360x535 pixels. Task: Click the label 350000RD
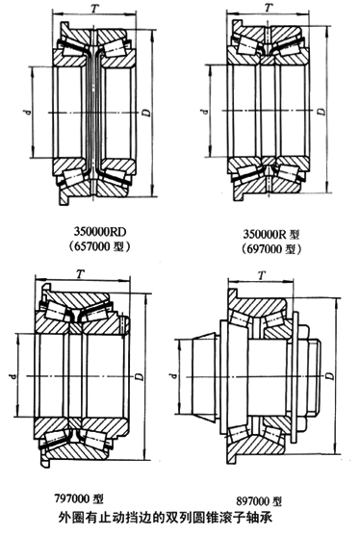100,232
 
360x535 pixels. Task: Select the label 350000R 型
271,234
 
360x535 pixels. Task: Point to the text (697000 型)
271,249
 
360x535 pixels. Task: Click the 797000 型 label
79,498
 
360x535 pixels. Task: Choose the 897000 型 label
259,501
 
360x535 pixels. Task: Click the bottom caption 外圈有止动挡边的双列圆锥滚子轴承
166,518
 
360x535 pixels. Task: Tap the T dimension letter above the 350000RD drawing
95,9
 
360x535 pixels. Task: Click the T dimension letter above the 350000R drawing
270,7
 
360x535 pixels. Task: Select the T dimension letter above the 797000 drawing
80,273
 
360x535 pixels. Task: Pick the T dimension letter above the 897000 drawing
262,274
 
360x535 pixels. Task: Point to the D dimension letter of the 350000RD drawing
145,113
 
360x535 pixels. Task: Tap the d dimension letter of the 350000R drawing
204,111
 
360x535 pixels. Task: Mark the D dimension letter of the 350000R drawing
321,112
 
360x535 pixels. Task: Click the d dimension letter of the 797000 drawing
13,376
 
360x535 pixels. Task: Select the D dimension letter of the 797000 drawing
139,376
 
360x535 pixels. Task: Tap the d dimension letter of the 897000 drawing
174,376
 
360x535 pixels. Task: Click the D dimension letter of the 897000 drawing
329,375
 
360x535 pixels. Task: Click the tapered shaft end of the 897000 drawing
204,376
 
